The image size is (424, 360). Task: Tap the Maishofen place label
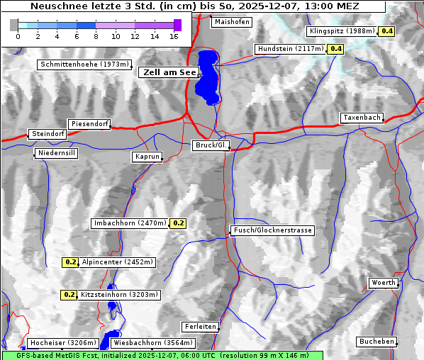tap(231, 22)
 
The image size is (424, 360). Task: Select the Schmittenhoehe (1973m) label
tap(84, 64)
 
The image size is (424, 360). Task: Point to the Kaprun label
tap(147, 157)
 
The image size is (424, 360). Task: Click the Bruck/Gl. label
tap(211, 145)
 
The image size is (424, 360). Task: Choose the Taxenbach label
tap(362, 118)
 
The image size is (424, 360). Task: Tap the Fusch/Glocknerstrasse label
tap(272, 230)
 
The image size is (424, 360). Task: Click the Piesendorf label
tap(89, 124)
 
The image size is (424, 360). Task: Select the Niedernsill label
tap(55, 153)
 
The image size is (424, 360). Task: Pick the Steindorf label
tap(48, 134)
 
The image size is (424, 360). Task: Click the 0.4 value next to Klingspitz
tap(387, 31)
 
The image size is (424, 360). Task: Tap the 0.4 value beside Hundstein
tap(335, 49)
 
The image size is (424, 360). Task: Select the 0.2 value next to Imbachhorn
tap(178, 223)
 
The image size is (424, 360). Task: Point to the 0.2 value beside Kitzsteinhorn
tap(69, 295)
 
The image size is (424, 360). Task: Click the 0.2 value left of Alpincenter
tap(70, 262)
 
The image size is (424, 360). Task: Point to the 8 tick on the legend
tap(96, 36)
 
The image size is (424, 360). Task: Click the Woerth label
tap(384, 283)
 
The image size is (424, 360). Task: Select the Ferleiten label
tap(199, 327)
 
